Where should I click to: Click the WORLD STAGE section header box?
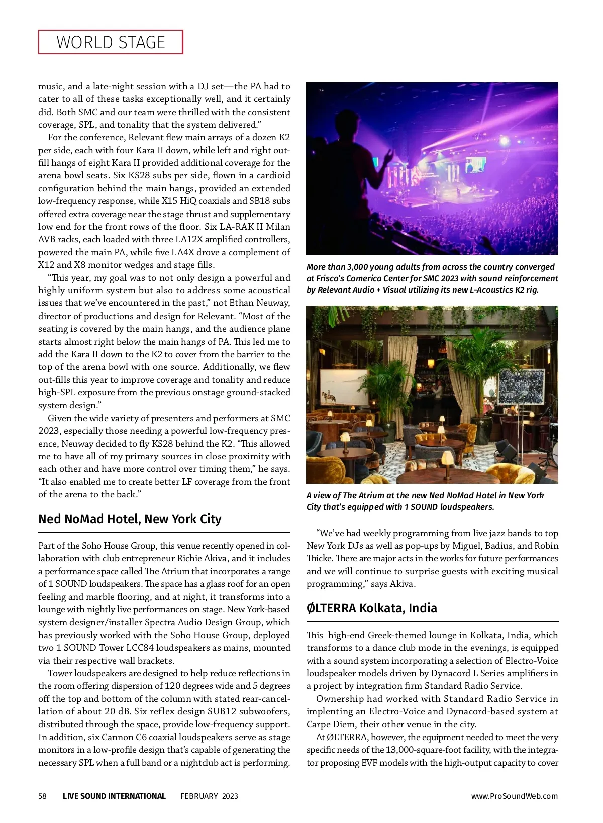point(111,42)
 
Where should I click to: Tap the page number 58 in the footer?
point(43,796)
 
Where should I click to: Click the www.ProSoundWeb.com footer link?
point(514,796)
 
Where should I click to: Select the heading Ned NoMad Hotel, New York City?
point(130,519)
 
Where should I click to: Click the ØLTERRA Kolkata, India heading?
point(371,608)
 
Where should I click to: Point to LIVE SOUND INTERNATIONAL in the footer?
point(114,796)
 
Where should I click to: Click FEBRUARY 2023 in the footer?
point(209,796)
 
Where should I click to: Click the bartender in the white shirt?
point(439,389)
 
